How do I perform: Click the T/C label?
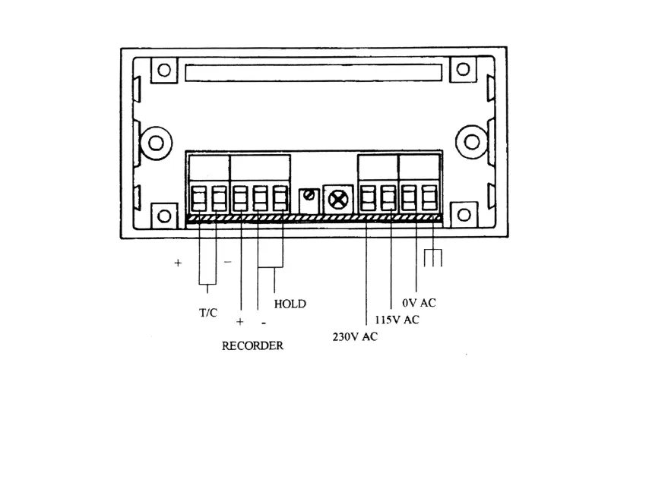point(207,312)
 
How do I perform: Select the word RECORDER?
point(252,345)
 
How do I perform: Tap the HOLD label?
point(290,304)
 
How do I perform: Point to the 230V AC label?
point(355,336)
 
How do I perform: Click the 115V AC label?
point(397,320)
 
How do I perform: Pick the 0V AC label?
point(419,303)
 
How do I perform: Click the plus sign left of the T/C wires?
point(178,263)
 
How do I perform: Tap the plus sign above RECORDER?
point(239,322)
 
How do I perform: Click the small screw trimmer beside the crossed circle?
point(309,198)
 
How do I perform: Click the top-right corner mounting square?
point(462,71)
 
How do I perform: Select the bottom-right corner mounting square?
point(462,215)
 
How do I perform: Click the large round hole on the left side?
point(157,142)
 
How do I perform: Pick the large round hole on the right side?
point(473,142)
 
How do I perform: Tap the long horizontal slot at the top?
point(312,73)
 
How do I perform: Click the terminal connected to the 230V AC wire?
point(368,199)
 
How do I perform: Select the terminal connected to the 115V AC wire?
point(388,199)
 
